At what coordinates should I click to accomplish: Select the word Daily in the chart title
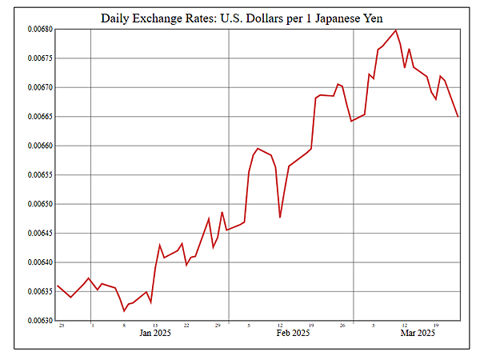pyautogui.click(x=117, y=17)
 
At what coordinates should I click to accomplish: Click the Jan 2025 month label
pyautogui.click(x=155, y=333)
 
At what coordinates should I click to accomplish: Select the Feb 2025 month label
pyautogui.click(x=292, y=333)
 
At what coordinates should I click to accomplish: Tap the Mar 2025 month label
pyautogui.click(x=416, y=333)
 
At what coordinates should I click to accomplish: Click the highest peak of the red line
pyautogui.click(x=396, y=30)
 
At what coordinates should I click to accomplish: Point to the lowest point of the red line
pyautogui.click(x=124, y=310)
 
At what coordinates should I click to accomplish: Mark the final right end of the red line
pyautogui.click(x=458, y=117)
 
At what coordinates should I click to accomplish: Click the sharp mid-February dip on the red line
pyautogui.click(x=280, y=217)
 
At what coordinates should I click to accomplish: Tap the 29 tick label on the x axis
pyautogui.click(x=218, y=325)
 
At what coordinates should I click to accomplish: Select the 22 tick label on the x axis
pyautogui.click(x=186, y=325)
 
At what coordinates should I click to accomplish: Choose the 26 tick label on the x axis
pyautogui.click(x=342, y=325)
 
